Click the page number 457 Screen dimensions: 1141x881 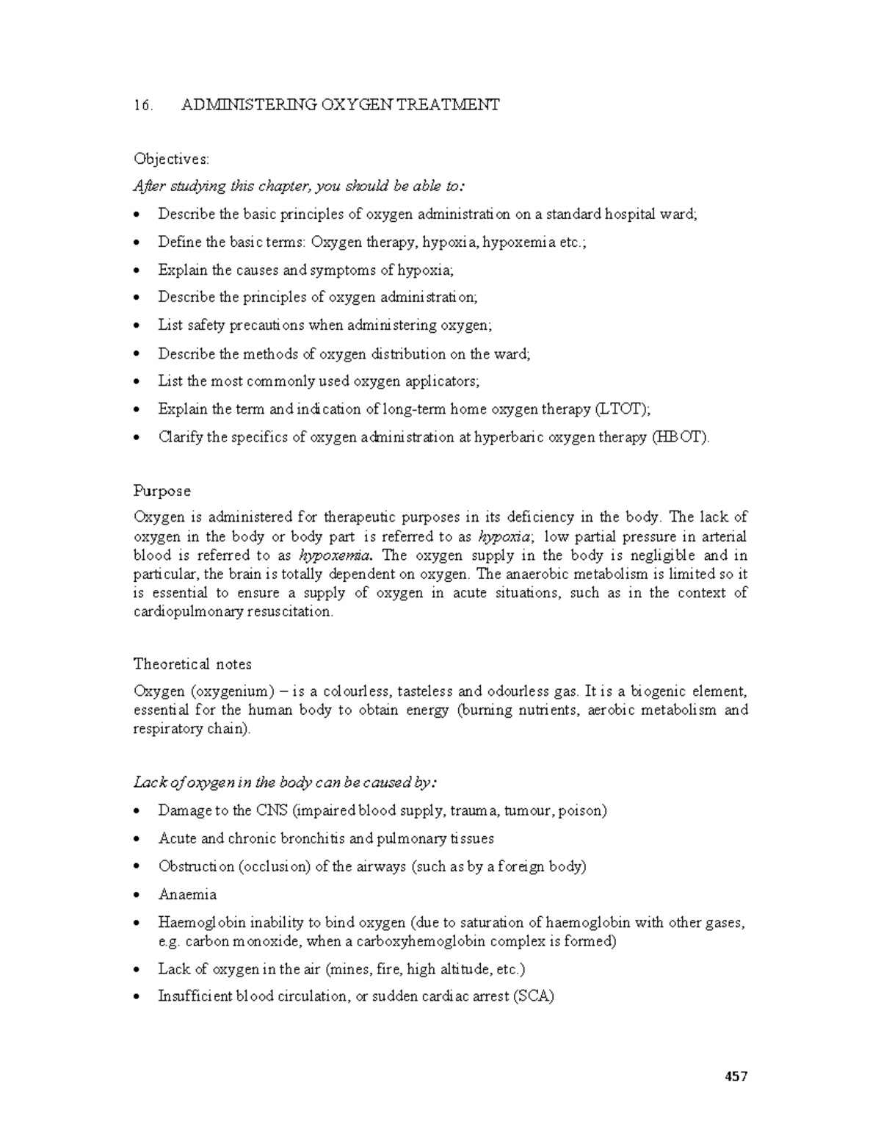point(736,1077)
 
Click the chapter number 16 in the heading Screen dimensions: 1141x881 point(142,105)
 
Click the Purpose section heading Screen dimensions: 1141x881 point(162,491)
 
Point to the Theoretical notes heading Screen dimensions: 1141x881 point(192,664)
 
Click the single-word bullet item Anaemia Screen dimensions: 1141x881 point(187,895)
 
